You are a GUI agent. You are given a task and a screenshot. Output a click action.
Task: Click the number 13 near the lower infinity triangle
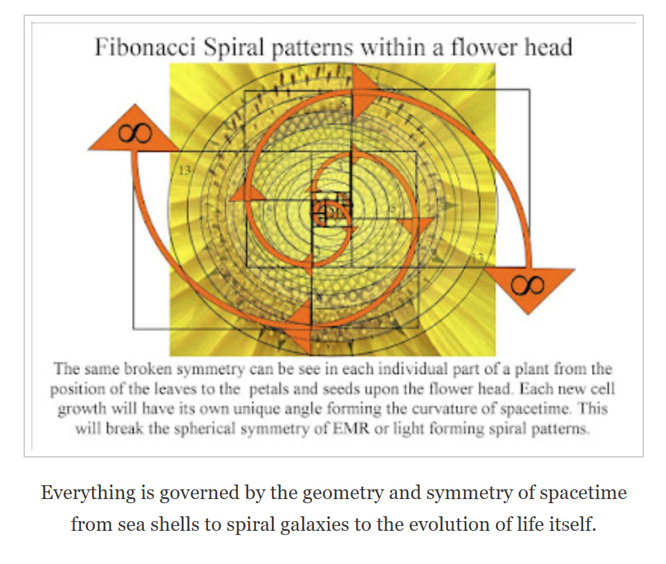point(476,257)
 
